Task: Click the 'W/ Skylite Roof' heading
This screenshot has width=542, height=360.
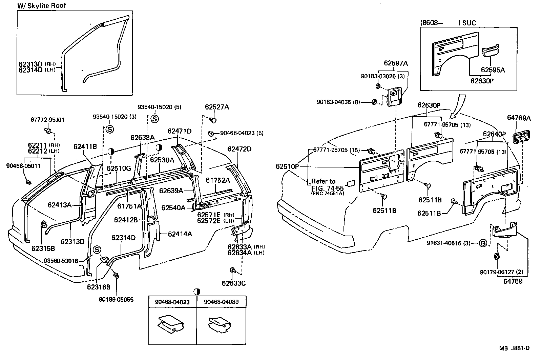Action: pos(42,5)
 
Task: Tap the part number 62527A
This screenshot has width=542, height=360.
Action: pos(217,107)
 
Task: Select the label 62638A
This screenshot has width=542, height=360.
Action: pos(142,138)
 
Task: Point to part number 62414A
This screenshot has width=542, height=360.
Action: pos(180,234)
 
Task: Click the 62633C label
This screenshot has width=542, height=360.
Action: pos(233,283)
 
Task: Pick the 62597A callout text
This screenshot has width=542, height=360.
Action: pos(396,63)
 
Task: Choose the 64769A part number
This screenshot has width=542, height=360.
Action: pos(519,118)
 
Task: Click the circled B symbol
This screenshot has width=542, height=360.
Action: pos(483,243)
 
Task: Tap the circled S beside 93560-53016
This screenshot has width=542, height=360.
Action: pos(97,249)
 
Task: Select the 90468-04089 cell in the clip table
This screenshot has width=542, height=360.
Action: pos(221,302)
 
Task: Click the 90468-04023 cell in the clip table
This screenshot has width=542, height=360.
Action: pos(172,302)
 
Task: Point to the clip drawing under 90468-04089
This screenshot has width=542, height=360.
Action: pos(220,325)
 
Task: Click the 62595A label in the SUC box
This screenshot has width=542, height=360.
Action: pos(493,70)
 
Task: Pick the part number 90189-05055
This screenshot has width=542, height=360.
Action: pos(116,299)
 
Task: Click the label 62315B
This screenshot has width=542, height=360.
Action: pos(43,248)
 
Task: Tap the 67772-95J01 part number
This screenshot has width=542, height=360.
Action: pos(47,120)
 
